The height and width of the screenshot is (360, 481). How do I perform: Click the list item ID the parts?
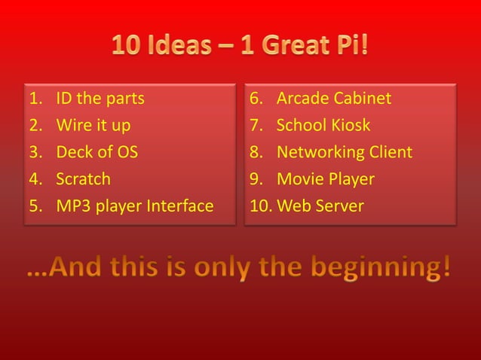[100, 99]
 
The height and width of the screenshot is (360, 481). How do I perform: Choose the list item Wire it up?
[93, 125]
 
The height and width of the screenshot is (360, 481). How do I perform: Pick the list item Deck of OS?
[97, 152]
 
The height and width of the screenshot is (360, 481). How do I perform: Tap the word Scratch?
[83, 179]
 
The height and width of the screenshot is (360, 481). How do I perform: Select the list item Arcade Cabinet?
[334, 99]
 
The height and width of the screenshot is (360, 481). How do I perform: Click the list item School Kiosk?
[323, 125]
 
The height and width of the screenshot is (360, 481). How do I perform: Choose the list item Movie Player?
[325, 179]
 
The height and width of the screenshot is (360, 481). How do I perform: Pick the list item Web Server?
[320, 206]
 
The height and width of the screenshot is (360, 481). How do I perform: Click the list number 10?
[260, 206]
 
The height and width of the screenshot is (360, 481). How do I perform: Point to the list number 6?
[256, 99]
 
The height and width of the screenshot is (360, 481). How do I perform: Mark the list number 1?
[34, 99]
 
